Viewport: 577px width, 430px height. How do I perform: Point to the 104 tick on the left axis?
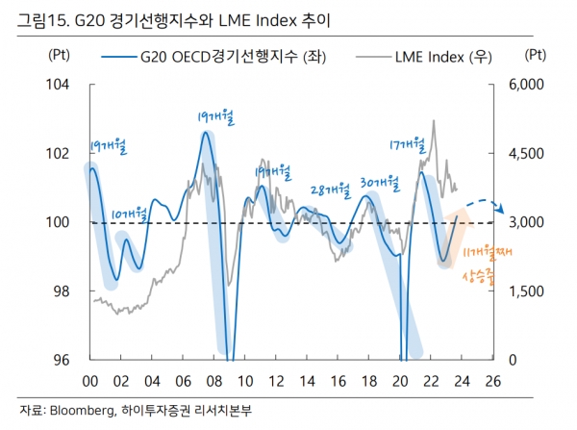[x=59, y=85]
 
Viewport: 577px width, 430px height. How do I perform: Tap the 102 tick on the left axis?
[x=59, y=154]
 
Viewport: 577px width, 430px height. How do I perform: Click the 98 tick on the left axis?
[x=61, y=291]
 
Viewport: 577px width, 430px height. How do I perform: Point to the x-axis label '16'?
[x=334, y=379]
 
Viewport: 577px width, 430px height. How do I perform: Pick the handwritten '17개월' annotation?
[x=408, y=145]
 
